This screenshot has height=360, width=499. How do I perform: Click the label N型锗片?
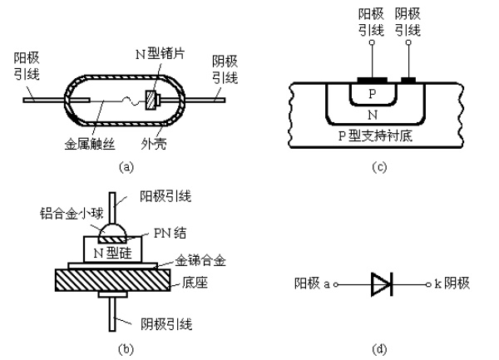tap(160, 54)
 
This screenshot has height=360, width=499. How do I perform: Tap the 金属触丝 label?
tap(90, 145)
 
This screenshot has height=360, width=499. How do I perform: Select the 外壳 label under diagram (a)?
tap(154, 145)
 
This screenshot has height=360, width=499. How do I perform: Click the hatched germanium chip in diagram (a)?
tap(152, 100)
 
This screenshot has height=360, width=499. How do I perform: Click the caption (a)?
tap(126, 167)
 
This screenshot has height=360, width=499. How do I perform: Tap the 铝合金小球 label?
tap(72, 213)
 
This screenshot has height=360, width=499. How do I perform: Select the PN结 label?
tap(170, 233)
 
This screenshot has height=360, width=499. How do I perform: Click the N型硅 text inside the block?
tap(112, 253)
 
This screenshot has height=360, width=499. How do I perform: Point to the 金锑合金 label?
tap(200, 261)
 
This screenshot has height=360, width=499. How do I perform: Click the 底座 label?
tap(195, 283)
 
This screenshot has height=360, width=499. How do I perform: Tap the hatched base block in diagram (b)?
tap(112, 280)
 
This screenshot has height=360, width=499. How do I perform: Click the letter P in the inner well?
tap(373, 94)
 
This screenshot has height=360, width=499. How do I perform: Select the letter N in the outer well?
tap(373, 115)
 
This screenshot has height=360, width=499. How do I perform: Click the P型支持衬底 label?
tap(375, 136)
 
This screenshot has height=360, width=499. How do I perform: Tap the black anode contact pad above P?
tap(373, 80)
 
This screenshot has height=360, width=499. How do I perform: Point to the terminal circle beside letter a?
tap(335, 285)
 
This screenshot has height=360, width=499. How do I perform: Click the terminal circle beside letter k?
tap(428, 284)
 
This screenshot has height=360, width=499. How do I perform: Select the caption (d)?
tap(379, 349)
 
